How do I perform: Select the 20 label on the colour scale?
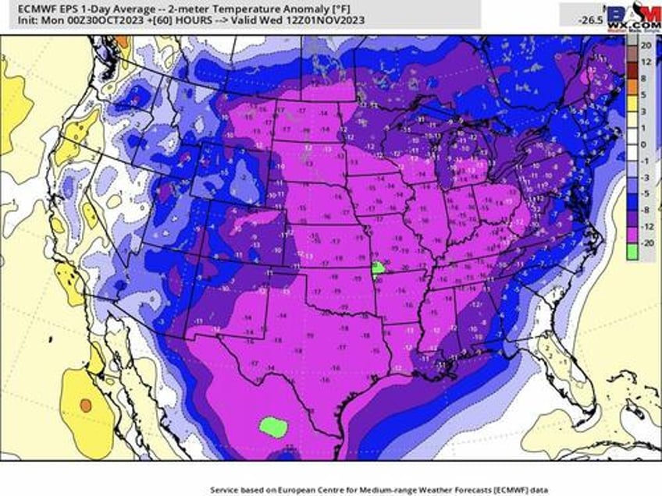pyautogui.click(x=646, y=46)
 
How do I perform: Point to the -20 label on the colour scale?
pyautogui.click(x=646, y=243)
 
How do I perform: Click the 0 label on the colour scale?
pyautogui.click(x=644, y=144)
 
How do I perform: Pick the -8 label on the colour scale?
pyautogui.click(x=646, y=210)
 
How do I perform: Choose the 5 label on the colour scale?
pyautogui.click(x=644, y=95)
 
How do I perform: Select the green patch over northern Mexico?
pyautogui.click(x=273, y=426)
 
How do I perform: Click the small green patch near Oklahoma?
pyautogui.click(x=378, y=267)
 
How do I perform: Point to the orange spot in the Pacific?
pyautogui.click(x=85, y=406)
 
